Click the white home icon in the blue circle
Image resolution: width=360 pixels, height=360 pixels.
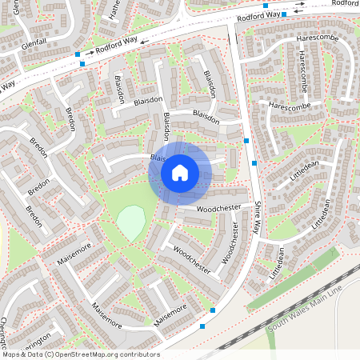(180, 173)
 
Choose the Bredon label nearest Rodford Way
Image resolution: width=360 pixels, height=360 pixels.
(70, 119)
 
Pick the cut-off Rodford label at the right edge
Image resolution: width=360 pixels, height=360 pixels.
(346, 3)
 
